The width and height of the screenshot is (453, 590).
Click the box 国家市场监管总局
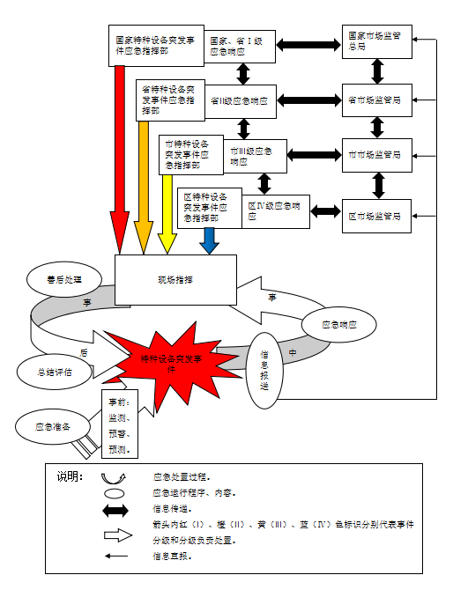pos(377,41)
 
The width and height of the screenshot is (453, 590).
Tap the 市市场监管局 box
pos(377,155)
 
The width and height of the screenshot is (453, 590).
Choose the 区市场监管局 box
pos(377,215)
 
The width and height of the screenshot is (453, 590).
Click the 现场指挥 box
pos(176,280)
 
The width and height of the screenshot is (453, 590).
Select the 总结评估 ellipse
pos(55,372)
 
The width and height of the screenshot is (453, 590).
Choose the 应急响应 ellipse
pos(340,324)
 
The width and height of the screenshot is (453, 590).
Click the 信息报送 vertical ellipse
pos(265,370)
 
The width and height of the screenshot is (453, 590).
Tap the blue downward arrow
pos(209,240)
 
